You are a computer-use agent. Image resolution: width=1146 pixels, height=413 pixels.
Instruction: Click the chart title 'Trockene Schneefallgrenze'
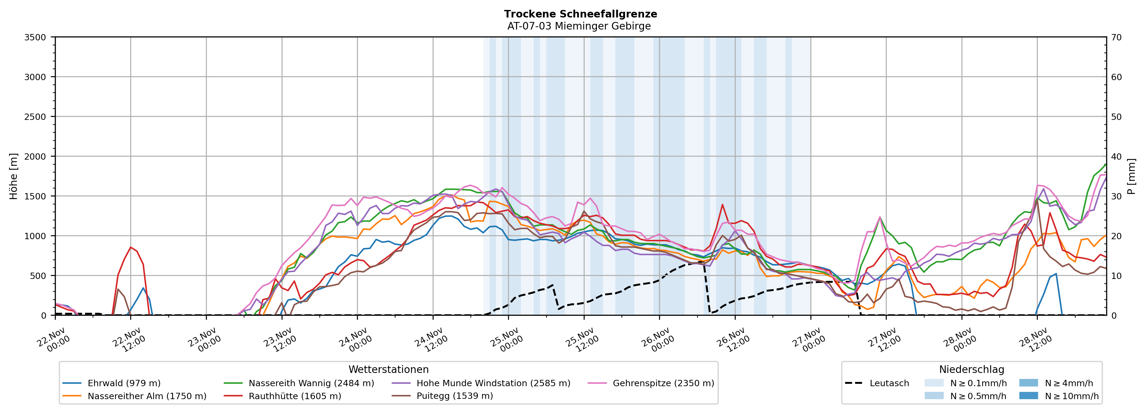point(580,14)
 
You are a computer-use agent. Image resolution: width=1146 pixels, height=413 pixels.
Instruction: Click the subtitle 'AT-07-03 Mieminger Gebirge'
point(579,26)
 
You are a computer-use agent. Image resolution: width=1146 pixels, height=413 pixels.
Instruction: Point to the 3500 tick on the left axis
point(35,37)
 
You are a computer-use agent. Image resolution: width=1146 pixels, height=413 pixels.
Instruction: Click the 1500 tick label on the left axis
point(35,196)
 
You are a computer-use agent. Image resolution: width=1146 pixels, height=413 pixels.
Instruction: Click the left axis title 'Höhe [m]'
point(14,176)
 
